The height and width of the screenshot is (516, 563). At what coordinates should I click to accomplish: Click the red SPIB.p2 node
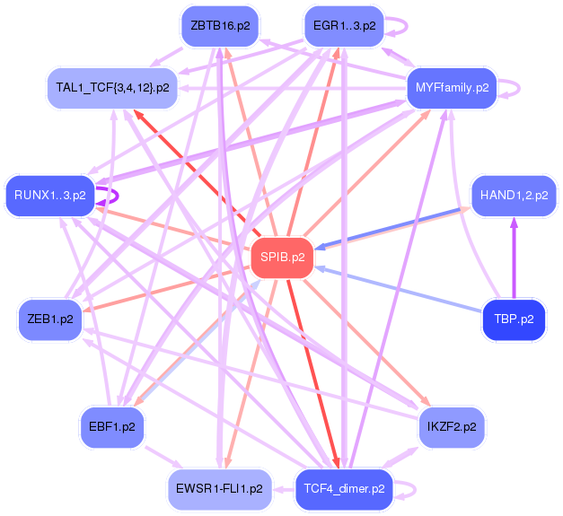point(283,258)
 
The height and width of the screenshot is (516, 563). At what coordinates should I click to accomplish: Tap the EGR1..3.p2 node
point(344,26)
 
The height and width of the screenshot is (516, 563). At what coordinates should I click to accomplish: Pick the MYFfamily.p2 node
point(453,87)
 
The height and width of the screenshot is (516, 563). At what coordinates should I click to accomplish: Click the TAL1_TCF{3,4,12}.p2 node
point(112,87)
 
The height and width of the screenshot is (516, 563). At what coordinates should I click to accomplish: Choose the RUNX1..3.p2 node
point(50,195)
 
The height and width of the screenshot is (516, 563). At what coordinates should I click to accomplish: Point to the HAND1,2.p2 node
point(515,195)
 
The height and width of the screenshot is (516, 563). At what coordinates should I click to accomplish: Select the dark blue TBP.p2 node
point(514,319)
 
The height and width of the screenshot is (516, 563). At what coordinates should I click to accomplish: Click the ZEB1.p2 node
point(50,319)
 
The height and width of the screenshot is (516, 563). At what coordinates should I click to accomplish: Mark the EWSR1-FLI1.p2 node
point(219,489)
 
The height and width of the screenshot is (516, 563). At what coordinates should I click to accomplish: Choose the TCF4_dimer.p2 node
point(344,489)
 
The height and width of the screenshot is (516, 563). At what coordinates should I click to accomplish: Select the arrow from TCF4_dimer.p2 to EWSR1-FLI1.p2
point(284,490)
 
